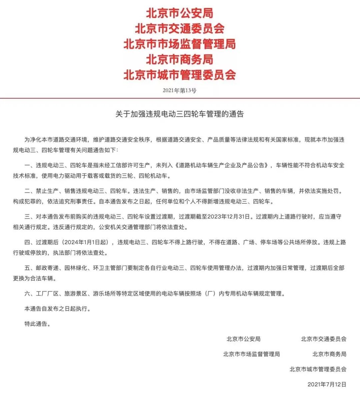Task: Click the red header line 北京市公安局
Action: pos(179,13)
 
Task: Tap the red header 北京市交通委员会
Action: pos(179,29)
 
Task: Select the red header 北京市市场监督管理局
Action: pos(179,44)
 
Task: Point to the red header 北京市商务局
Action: pos(179,59)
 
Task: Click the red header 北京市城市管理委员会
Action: pos(179,75)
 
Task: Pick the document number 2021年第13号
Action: pos(179,90)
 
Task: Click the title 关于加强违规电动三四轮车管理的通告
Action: pos(179,114)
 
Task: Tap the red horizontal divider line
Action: pos(180,98)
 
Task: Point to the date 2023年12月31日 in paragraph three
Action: pos(229,216)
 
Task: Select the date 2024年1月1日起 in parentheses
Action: pos(88,242)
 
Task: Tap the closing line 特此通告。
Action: pos(37,324)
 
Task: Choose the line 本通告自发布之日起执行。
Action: pos(57,309)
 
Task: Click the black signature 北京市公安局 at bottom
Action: pos(243,339)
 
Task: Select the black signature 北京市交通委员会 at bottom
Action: pos(323,339)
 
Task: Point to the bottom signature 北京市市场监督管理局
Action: pos(251,354)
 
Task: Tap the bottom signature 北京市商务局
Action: pos(329,354)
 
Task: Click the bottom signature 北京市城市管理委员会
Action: pos(318,369)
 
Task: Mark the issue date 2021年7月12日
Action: pos(327,384)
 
